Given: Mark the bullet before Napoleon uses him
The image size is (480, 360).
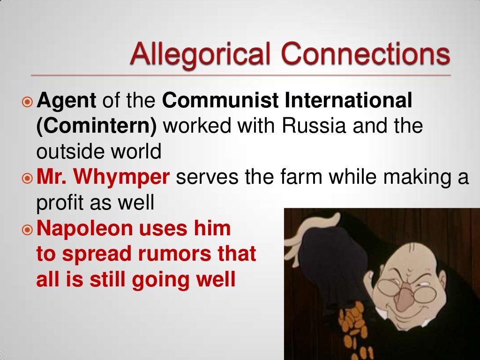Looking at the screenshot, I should coord(28,230).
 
